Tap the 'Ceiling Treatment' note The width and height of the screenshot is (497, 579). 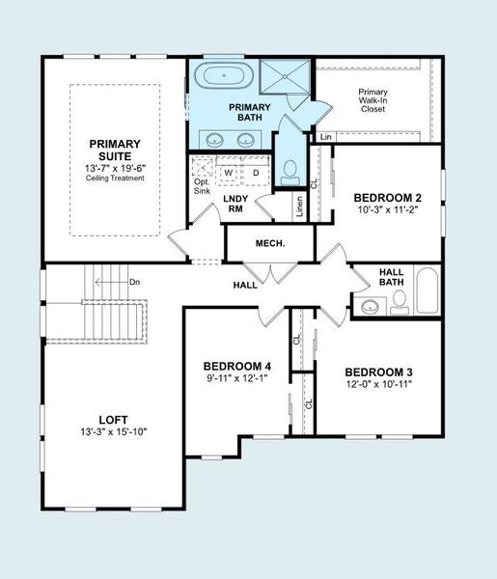pos(114,178)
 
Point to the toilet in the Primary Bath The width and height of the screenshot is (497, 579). pos(289,173)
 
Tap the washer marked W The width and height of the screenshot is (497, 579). pos(229,174)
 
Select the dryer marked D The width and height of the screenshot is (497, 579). pos(255,174)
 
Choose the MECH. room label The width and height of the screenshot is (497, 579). pos(269,243)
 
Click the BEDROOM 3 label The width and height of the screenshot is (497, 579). pos(378,372)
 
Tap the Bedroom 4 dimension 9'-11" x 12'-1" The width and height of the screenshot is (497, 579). pos(236,379)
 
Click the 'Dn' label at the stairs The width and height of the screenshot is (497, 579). pos(134,283)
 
